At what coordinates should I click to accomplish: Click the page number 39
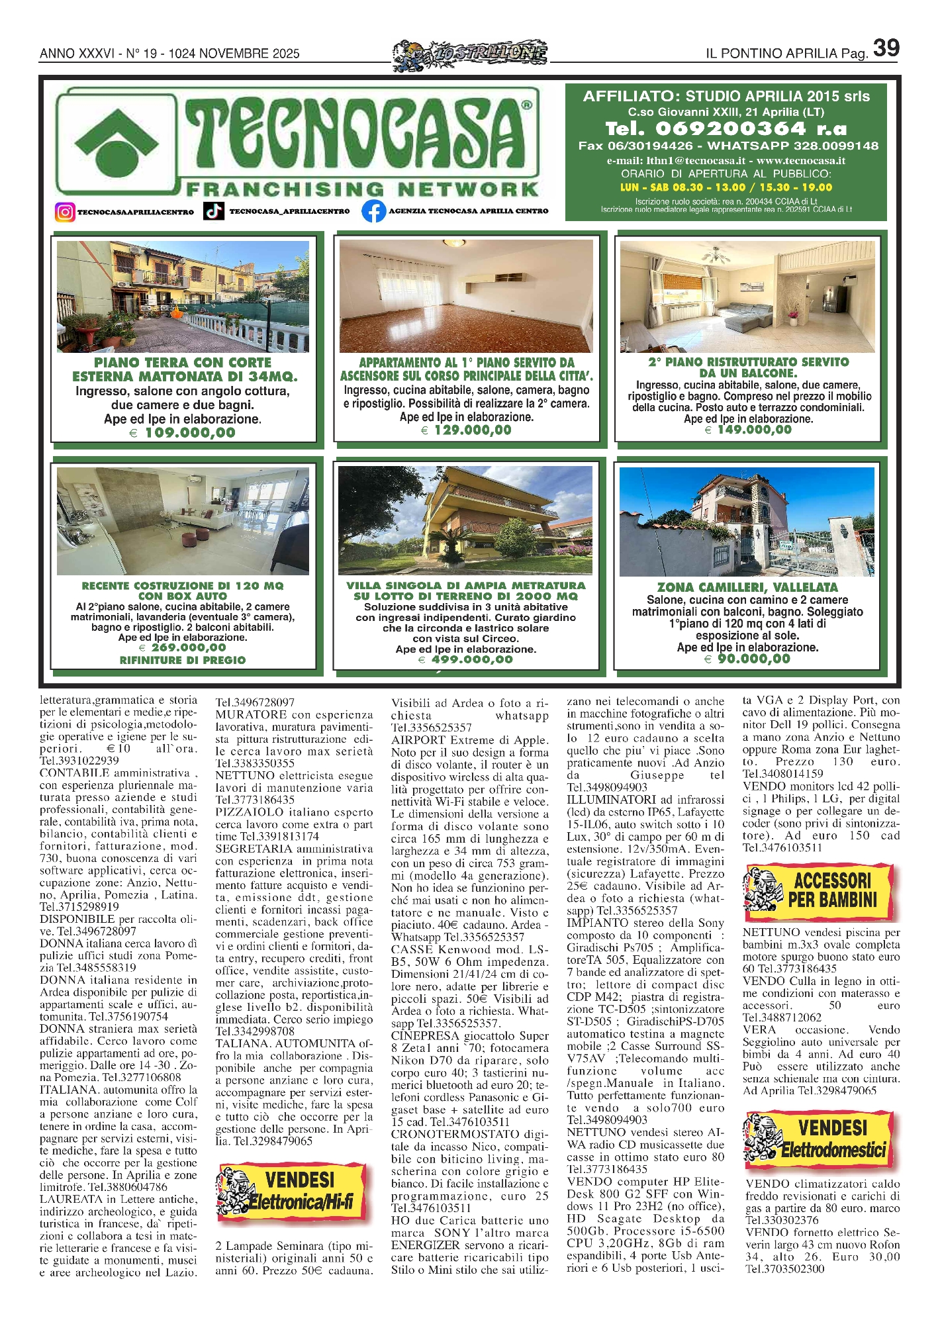[x=886, y=48]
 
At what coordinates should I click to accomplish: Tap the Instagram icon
[x=65, y=212]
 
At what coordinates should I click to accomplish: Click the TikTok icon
[x=213, y=211]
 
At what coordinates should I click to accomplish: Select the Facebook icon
[x=374, y=211]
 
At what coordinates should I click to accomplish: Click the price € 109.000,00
[x=183, y=433]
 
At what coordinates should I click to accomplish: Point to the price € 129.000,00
[x=466, y=430]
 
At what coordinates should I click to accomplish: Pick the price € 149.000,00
[x=748, y=430]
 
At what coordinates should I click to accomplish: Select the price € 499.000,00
[x=465, y=659]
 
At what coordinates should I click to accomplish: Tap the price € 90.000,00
[x=747, y=659]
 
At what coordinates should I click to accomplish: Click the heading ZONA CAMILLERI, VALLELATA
[x=747, y=587]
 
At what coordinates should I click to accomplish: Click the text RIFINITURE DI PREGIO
[x=183, y=660]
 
